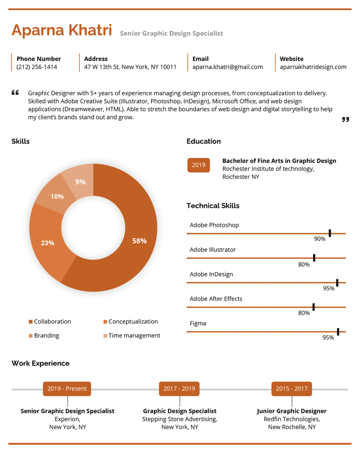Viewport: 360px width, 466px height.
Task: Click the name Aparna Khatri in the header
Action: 62,30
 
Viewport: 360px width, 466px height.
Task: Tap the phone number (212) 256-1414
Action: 37,67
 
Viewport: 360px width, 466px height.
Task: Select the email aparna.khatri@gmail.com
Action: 228,67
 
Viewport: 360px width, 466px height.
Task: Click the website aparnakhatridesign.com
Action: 313,67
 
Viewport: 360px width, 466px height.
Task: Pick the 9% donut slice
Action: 80,182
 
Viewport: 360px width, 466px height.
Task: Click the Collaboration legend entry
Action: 50,321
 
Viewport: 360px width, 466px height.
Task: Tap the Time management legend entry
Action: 132,336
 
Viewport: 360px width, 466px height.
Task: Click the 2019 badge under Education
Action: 199,165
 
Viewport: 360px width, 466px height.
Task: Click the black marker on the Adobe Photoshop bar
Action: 330,233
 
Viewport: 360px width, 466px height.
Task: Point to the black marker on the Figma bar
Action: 338,332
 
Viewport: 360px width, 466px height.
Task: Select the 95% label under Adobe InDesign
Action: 329,289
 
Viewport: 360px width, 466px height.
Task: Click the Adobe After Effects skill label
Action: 216,299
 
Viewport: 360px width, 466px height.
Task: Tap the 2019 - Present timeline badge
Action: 67,389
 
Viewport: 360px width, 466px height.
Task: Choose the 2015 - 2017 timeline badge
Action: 292,389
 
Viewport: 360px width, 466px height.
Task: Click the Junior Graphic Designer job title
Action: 292,411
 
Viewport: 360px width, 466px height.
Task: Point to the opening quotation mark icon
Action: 15,93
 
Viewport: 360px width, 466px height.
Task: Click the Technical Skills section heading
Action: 213,206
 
